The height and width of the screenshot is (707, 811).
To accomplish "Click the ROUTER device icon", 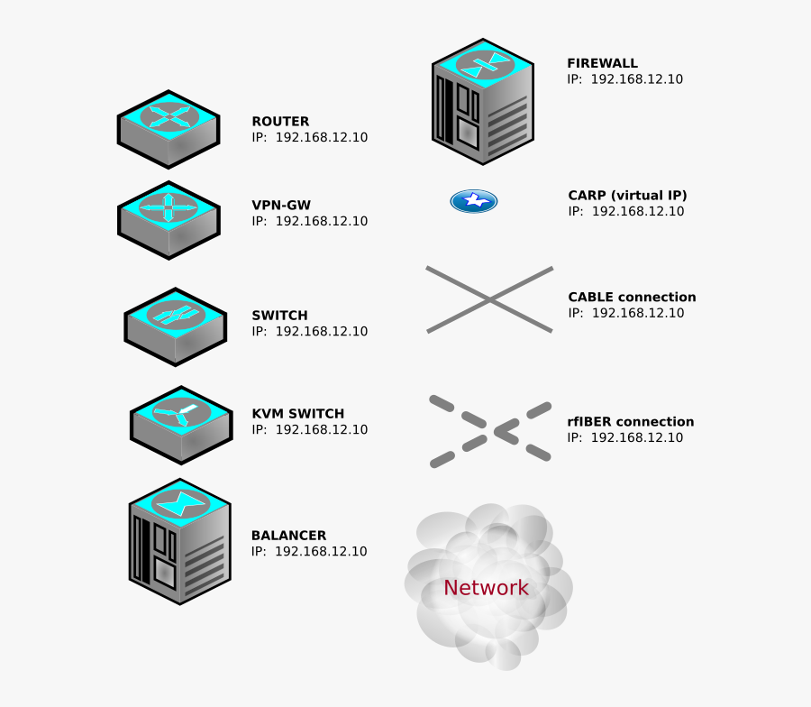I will click(169, 129).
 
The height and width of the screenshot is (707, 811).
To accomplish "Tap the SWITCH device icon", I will click(175, 326).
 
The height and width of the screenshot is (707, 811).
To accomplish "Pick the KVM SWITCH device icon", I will click(181, 424).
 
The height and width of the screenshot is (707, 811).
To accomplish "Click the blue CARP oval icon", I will click(474, 201).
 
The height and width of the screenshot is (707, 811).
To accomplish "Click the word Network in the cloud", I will click(486, 588).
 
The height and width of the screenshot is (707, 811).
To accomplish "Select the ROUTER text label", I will click(280, 121).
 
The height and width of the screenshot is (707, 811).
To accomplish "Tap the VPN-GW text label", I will click(281, 205).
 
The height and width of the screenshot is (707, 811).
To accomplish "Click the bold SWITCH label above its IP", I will click(279, 316).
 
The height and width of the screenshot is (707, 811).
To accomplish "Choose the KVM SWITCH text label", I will click(297, 414).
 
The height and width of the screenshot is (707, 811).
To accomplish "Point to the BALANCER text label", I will click(288, 536).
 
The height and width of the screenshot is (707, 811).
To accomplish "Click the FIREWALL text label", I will click(602, 63).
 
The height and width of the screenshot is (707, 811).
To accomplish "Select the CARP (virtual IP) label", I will click(627, 195).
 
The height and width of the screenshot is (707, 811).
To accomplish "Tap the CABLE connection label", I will click(632, 297).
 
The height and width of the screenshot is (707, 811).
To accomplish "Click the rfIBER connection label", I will click(630, 421).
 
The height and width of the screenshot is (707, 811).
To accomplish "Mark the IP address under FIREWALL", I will click(624, 79).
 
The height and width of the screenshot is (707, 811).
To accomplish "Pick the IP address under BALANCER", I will click(309, 552).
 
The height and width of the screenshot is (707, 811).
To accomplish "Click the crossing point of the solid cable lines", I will click(489, 299).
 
